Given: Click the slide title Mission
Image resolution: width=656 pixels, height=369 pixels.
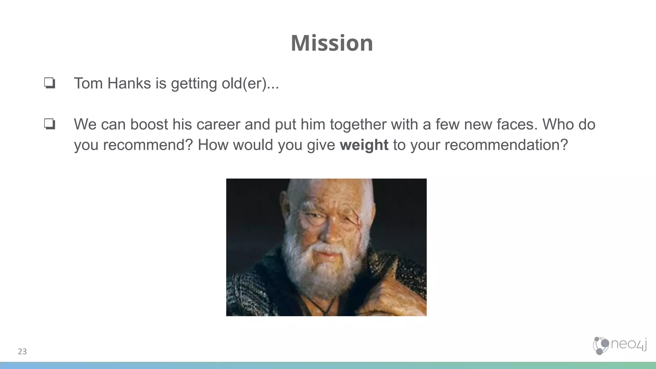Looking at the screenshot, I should tap(332, 43).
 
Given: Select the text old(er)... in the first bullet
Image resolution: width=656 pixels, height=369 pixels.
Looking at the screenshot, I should tap(250, 83).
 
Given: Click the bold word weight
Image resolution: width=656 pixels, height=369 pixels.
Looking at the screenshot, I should tap(364, 145).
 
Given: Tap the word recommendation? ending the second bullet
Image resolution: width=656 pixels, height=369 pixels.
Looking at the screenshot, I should tap(506, 145).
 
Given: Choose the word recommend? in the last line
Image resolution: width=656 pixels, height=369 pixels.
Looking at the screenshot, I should tap(148, 145).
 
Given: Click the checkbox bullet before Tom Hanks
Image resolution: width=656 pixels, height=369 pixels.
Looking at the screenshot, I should tap(50, 83).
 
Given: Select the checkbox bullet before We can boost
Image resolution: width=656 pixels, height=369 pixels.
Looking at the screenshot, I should tap(50, 124).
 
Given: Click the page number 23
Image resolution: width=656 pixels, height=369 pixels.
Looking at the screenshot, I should tap(22, 351).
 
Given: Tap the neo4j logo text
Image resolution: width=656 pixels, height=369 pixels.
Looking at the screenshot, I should tap(628, 344).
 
